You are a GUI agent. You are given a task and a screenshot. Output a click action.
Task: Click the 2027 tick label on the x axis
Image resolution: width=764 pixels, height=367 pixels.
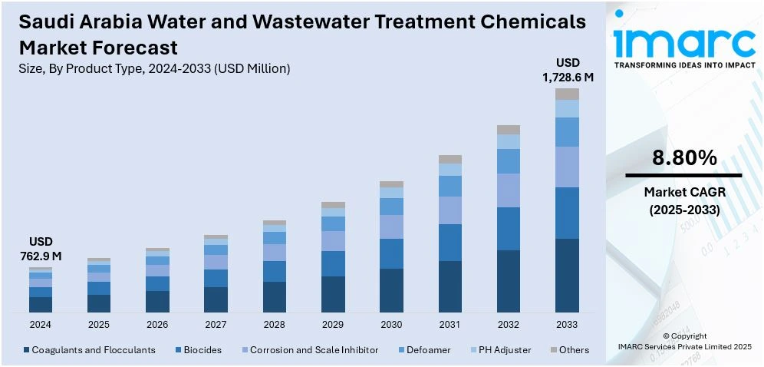[x=216, y=325]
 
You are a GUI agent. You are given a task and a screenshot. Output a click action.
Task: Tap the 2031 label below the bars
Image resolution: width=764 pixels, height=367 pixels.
[x=450, y=325]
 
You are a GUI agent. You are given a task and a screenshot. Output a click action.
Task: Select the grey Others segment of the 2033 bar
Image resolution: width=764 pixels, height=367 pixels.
[x=567, y=94]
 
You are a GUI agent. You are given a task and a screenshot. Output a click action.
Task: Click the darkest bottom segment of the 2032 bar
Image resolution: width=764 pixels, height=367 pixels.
[x=509, y=281]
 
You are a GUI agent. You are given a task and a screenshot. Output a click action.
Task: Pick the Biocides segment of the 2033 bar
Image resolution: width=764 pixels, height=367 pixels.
[x=567, y=213]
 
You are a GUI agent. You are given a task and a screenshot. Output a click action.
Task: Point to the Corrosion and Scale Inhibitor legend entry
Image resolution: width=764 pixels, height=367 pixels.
[x=314, y=350]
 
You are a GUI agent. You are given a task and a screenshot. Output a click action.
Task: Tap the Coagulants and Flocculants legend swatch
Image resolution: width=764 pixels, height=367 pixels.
[x=27, y=350]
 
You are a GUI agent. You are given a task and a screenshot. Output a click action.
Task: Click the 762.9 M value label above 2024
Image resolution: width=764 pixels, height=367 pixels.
[x=41, y=256]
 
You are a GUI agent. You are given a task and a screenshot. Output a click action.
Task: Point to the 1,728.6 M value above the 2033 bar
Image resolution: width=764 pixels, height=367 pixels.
[x=568, y=77]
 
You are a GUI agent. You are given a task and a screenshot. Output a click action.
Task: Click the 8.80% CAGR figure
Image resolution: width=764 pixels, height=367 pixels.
[x=684, y=159]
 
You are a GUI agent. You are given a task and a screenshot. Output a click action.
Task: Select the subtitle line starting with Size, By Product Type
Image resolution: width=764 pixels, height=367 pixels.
[x=154, y=68]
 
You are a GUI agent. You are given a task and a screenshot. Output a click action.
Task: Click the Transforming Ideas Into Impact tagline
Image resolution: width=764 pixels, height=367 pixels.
[x=684, y=65]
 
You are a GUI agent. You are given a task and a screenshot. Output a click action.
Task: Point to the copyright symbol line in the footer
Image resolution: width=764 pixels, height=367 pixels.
[x=685, y=336]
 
